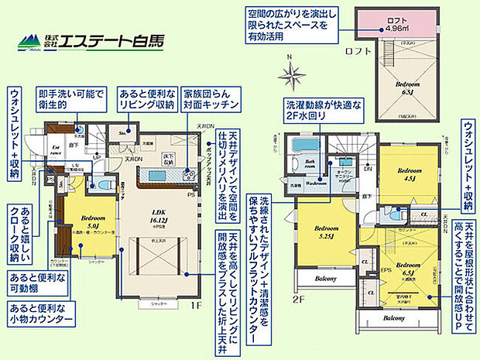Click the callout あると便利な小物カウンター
coord(39,317)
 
